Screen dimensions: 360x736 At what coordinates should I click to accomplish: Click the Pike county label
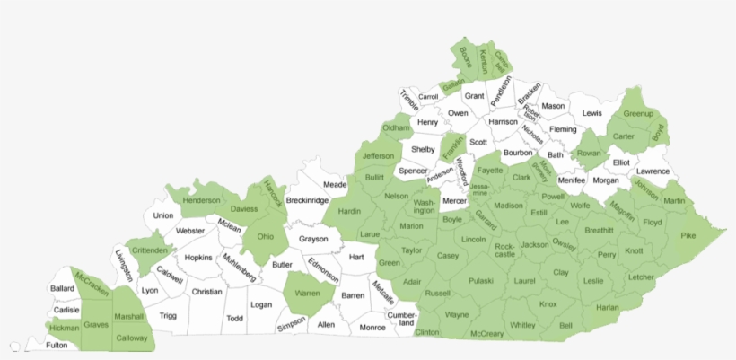coord(688,236)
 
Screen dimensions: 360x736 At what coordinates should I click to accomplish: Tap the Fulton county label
coord(57,345)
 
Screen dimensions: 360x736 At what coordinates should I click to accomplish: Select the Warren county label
coord(308,293)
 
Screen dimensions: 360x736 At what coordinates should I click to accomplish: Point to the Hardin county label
coord(348,212)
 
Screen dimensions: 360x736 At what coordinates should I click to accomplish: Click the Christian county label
coord(206,292)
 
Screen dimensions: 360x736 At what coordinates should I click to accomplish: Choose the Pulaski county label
coord(481,281)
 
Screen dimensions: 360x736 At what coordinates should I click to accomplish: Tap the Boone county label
coord(465,57)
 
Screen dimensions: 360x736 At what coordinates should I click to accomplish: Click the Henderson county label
coord(201,200)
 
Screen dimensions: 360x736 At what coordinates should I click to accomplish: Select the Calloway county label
coord(133,338)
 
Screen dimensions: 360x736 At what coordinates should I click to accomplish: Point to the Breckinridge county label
coord(307,200)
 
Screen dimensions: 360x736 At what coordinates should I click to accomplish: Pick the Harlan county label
coord(608,307)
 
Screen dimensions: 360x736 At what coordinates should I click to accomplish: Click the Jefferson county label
coord(378,156)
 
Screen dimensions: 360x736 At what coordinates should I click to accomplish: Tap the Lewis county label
coord(591,113)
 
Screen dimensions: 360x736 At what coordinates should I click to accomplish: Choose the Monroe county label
coord(372,328)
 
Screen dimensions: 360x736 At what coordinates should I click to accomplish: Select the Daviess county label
coord(243,209)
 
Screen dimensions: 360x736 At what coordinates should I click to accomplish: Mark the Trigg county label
coord(168,315)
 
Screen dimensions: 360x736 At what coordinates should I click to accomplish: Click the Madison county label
coord(508,206)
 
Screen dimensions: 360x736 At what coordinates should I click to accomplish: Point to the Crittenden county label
coord(148,250)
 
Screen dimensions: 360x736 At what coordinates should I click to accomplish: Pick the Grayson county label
coord(313,240)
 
